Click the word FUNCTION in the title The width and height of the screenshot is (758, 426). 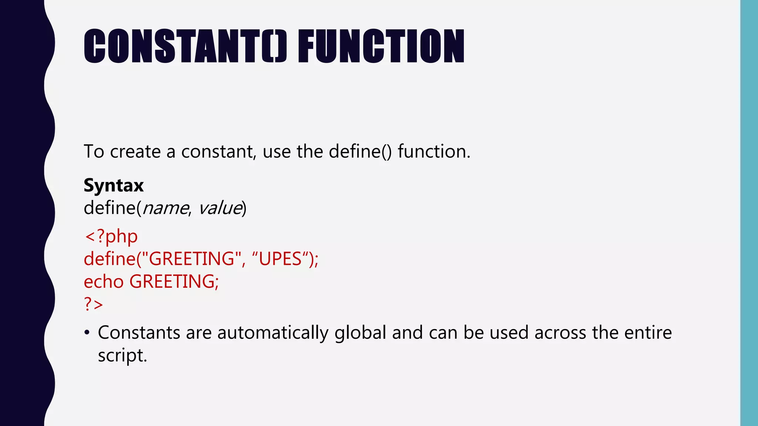(381, 46)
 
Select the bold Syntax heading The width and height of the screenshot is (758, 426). (114, 185)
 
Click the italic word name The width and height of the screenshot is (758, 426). (165, 208)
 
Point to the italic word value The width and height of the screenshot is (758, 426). (220, 208)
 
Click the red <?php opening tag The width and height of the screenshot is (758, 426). (111, 236)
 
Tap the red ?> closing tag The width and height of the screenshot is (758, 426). (93, 304)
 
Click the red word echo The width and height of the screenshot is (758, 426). (104, 282)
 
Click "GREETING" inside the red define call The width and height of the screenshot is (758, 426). (191, 259)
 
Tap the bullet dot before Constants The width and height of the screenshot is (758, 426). (87, 333)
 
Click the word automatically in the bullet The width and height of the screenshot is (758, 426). (273, 333)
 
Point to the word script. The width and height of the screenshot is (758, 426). (122, 356)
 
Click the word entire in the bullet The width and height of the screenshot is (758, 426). (648, 333)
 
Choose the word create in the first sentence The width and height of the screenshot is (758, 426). (135, 152)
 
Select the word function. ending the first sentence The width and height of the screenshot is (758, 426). (434, 152)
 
